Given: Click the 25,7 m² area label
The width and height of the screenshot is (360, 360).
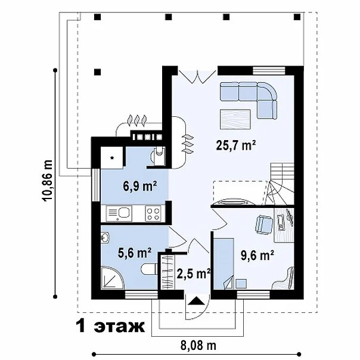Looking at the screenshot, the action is [x=236, y=145].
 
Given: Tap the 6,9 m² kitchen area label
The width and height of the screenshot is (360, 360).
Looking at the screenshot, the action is [x=140, y=186].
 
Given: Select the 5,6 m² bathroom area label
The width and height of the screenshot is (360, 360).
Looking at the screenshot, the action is [x=134, y=253].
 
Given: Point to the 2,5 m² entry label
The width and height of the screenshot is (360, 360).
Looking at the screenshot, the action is [x=194, y=274].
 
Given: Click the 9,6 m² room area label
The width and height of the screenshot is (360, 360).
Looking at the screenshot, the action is [x=257, y=256].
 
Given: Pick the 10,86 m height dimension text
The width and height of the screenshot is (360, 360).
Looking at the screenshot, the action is [x=48, y=181].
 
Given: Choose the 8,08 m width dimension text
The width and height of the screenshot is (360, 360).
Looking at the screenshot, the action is [x=198, y=345].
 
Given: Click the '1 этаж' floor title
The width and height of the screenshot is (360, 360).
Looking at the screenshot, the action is [x=110, y=326].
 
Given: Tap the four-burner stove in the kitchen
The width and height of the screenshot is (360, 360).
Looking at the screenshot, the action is [x=153, y=214].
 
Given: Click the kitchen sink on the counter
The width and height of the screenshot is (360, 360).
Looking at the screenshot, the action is [x=119, y=213].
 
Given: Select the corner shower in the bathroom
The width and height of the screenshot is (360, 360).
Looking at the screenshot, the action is [x=113, y=277].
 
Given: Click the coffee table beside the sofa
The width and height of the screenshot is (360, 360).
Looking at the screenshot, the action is [x=235, y=119].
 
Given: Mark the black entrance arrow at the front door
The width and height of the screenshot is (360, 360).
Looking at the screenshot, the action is [x=196, y=301].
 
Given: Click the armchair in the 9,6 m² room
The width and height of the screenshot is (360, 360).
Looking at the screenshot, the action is [x=264, y=225].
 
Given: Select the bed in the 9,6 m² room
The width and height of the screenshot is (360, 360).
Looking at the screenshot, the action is [x=224, y=263].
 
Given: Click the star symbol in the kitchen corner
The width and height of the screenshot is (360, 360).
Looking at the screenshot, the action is [x=112, y=157].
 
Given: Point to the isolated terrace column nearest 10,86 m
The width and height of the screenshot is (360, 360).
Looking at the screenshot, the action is [x=98, y=72].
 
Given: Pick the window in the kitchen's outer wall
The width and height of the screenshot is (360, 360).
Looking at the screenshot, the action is [x=96, y=185].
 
